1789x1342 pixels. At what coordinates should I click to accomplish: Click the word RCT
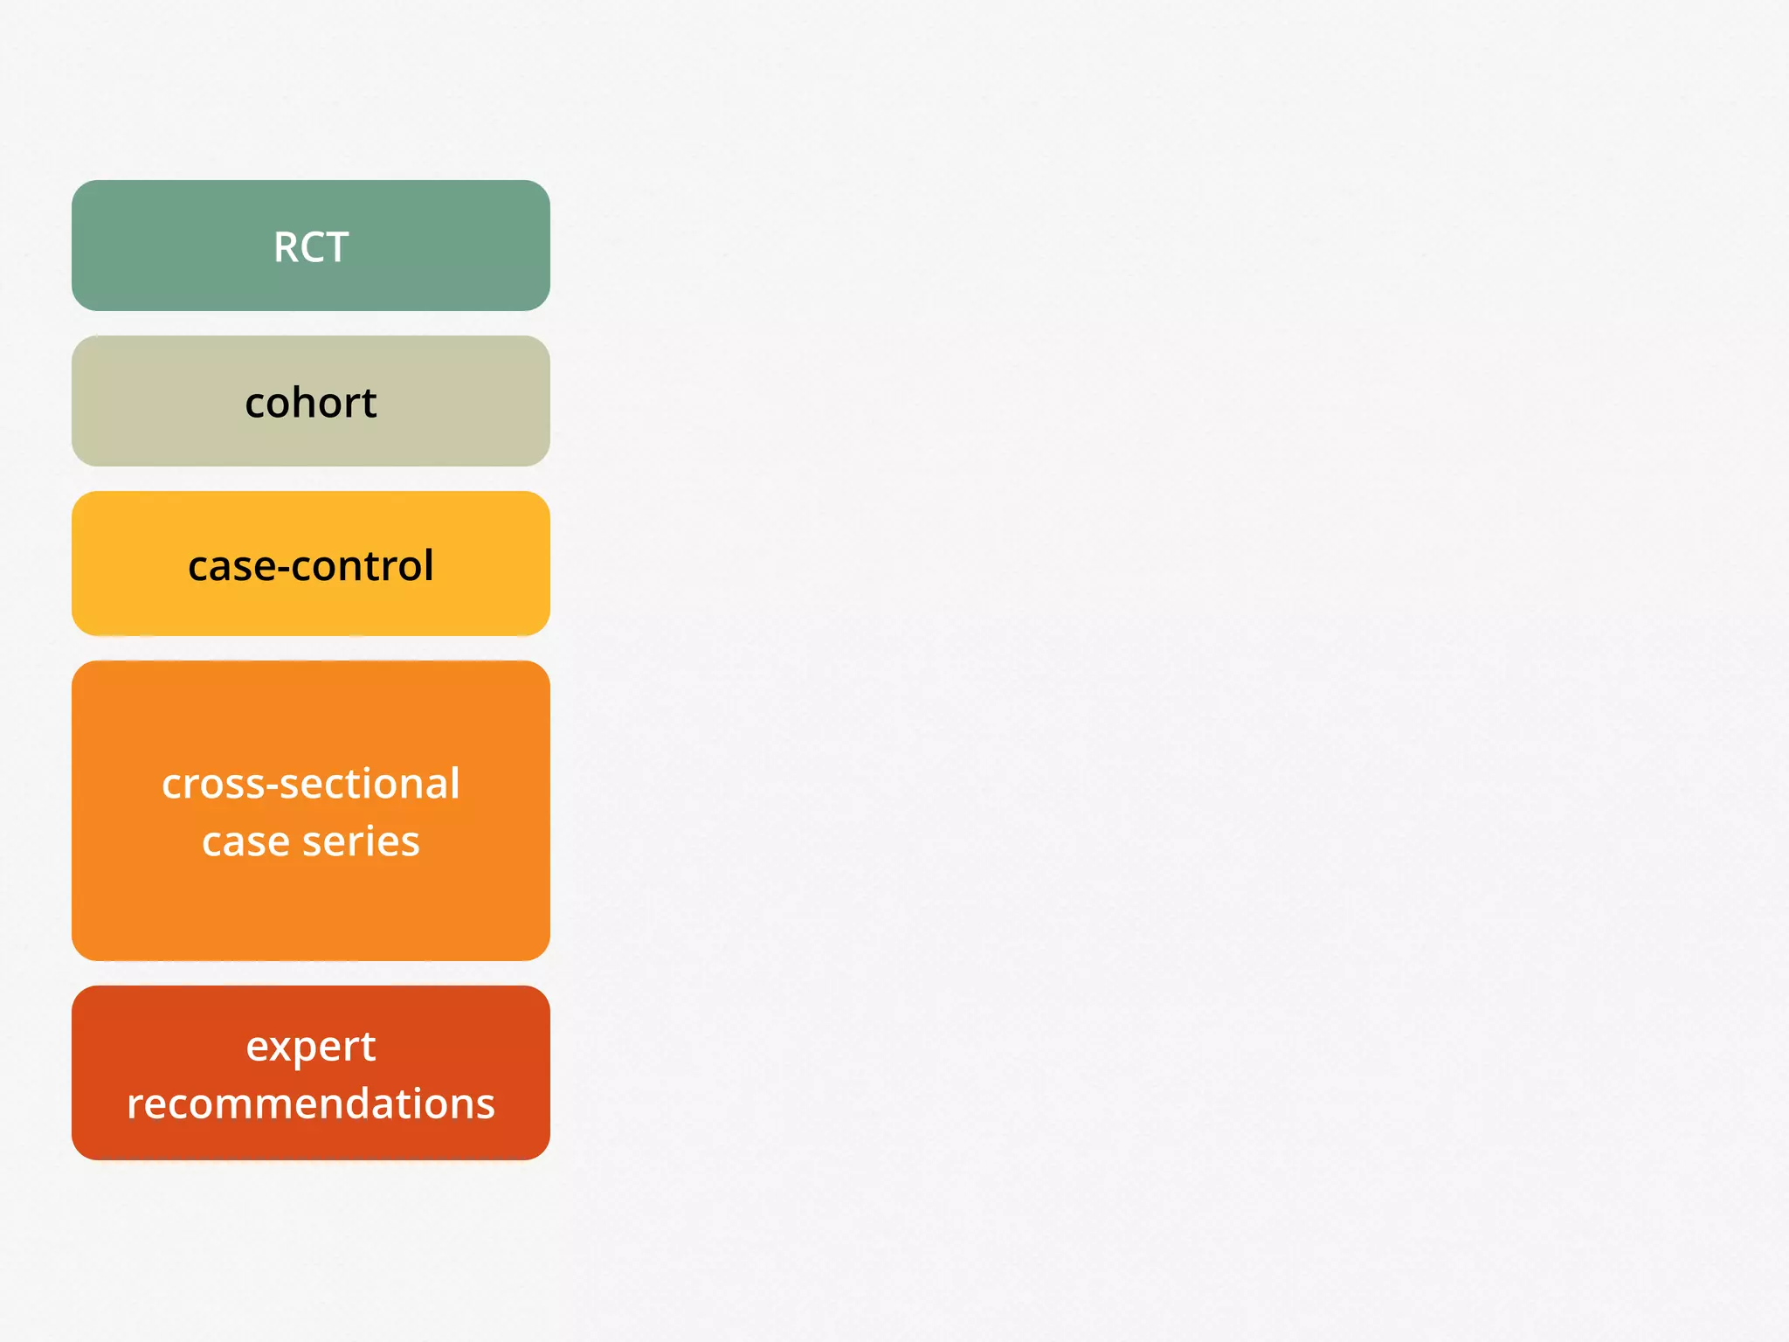311,247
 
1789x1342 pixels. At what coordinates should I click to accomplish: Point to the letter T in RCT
337,247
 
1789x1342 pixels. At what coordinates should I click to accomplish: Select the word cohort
311,403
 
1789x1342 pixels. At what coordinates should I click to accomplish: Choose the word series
361,842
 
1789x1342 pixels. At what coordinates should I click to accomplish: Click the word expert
311,1048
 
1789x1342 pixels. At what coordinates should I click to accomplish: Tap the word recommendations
311,1103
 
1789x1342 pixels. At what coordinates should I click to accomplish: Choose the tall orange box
311,909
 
